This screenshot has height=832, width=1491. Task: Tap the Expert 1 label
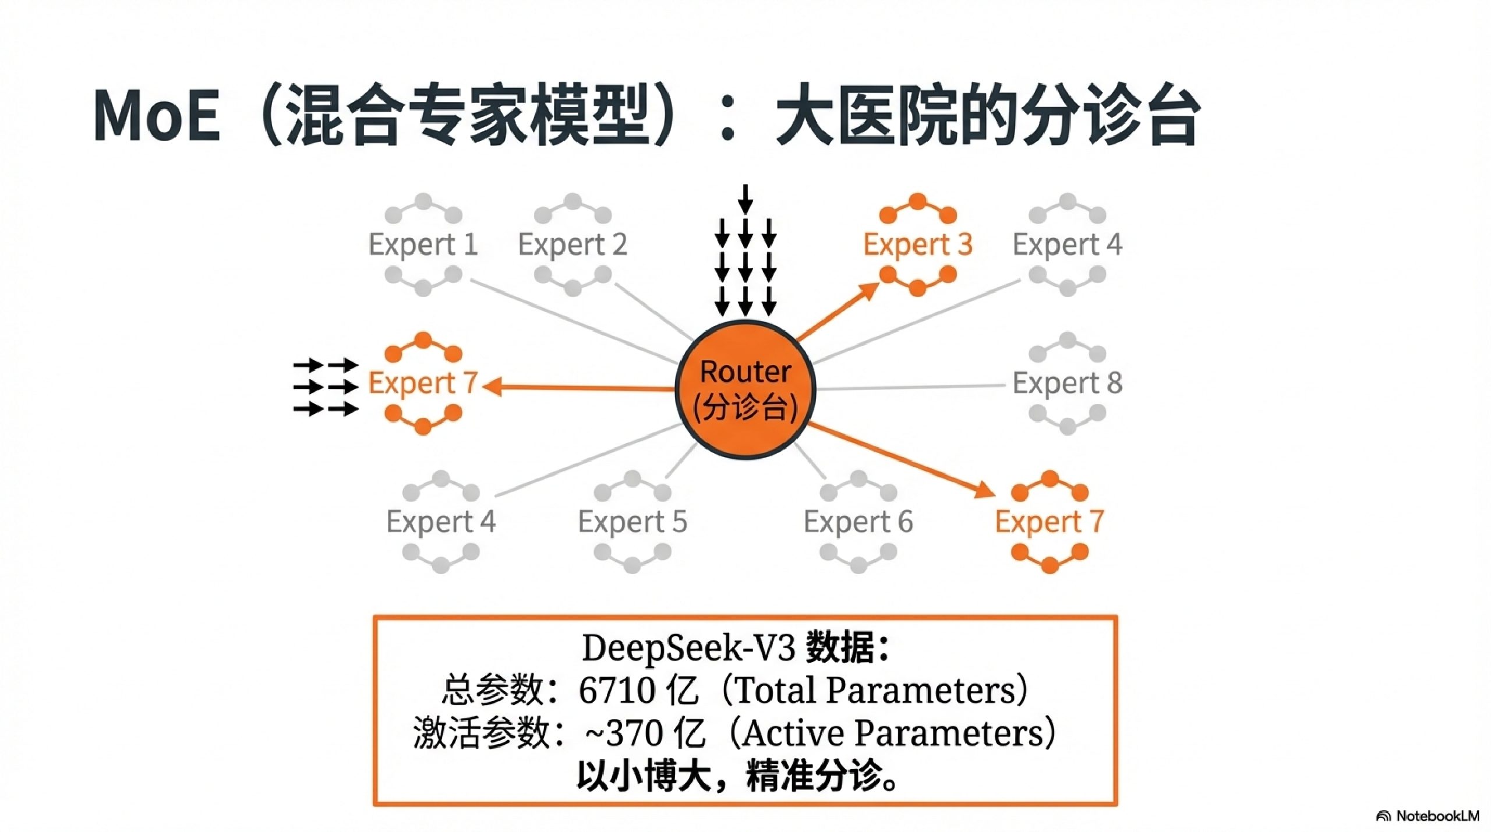423,245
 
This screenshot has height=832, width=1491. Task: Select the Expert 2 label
573,245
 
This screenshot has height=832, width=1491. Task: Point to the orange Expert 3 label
917,245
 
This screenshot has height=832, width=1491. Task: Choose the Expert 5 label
633,522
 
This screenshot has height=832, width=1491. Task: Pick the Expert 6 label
858,522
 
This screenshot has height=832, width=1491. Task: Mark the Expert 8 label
1067,383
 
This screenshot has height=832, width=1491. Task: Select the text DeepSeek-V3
688,647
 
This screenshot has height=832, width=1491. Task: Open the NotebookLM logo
1428,816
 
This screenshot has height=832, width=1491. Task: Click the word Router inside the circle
745,372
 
